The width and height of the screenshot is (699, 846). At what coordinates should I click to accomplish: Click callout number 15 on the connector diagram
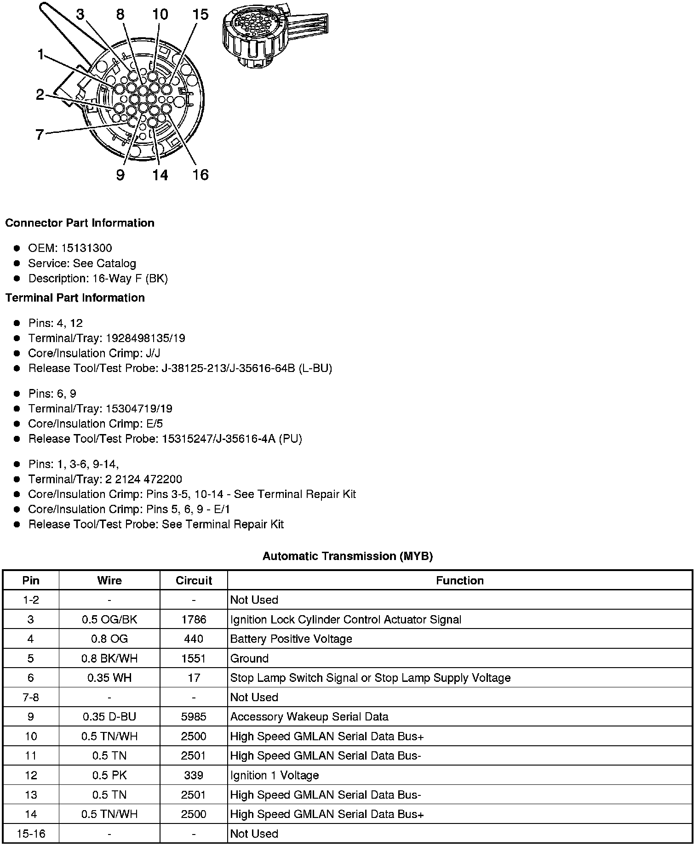pos(201,15)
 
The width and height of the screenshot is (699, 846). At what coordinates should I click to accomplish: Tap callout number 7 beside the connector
pos(40,135)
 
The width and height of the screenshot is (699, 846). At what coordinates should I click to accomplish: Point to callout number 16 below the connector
pos(201,175)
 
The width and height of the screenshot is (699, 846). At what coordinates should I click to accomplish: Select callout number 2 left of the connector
pos(40,95)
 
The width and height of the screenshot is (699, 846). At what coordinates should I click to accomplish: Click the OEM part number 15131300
pos(86,248)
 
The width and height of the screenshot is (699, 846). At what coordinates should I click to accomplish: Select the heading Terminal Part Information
pos(75,298)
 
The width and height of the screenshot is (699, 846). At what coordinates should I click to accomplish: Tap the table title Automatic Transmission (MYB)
pos(348,556)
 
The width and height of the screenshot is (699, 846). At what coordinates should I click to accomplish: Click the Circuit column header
pos(194,581)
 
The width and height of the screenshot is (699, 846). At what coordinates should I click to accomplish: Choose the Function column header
pos(460,581)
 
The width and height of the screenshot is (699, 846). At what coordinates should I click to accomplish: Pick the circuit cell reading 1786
pos(194,620)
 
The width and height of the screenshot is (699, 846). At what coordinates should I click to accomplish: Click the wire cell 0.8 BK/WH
pos(109,658)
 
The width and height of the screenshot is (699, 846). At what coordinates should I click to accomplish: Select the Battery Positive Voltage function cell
pos(291,639)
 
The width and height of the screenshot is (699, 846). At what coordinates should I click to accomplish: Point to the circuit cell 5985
pos(194,717)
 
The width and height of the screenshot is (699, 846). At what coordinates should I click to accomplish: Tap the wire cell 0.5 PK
pos(109,775)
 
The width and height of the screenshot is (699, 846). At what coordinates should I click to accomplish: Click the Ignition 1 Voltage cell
pos(275,775)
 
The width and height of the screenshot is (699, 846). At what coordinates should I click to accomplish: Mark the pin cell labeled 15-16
pos(31,834)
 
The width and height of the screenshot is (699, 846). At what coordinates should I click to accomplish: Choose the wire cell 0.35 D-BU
pos(109,717)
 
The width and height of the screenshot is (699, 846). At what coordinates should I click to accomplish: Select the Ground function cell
pos(249,658)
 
